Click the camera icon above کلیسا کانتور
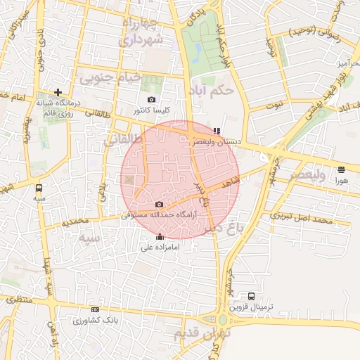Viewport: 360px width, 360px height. click(151, 100)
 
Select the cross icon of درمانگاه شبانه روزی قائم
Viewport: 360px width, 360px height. click(58, 92)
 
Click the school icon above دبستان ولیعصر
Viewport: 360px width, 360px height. click(217, 130)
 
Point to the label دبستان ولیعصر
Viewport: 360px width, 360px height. click(217, 141)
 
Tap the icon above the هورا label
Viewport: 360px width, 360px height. click(341, 169)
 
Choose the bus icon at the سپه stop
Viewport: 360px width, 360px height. click(39, 188)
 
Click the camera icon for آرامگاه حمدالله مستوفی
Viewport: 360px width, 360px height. click(158, 204)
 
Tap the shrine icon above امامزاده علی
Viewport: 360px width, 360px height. click(160, 237)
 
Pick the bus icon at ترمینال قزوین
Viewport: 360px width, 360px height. click(251, 296)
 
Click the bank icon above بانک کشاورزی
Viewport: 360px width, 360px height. click(95, 309)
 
